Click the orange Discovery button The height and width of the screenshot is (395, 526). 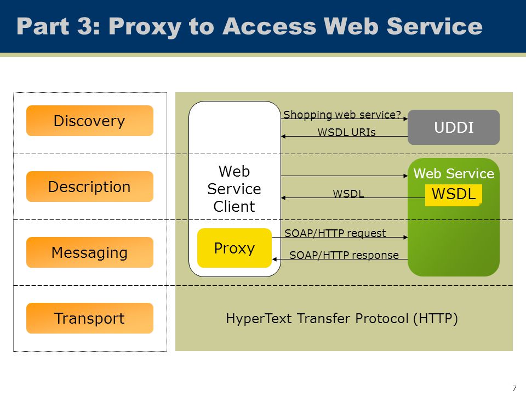[89, 121]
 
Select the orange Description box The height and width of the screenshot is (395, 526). [89, 187]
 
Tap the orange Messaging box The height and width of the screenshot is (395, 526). [89, 252]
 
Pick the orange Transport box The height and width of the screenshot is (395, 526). [89, 318]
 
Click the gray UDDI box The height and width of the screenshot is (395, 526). [454, 127]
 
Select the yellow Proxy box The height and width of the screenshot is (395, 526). [235, 248]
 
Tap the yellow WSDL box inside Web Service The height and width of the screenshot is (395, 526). [454, 195]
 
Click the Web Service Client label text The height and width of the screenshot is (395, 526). [234, 189]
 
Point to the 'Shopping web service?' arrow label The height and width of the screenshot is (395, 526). [342, 115]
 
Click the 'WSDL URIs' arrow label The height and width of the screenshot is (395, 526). [346, 132]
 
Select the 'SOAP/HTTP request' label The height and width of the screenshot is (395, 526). [335, 233]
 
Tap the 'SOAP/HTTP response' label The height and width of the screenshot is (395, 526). [344, 255]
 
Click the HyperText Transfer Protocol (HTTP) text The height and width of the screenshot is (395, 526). [342, 318]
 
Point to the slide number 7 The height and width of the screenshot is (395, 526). [514, 388]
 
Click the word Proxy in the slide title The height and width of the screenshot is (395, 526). [145, 27]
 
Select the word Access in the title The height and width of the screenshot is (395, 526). [270, 26]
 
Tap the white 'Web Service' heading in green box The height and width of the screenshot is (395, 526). [454, 174]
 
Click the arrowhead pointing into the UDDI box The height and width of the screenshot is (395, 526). [405, 119]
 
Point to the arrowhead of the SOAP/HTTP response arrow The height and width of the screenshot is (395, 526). [275, 259]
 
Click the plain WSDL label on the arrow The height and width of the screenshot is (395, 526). [348, 194]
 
